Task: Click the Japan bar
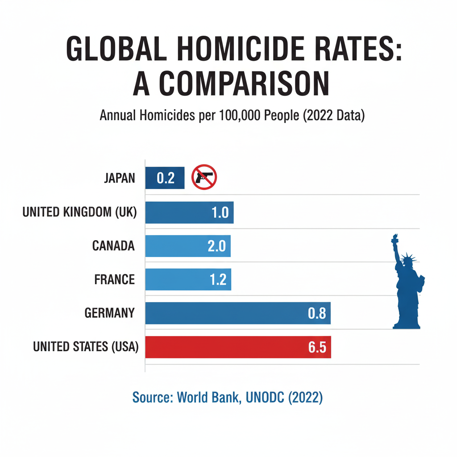tap(165, 178)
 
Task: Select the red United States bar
tap(238, 347)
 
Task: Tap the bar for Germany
tap(238, 313)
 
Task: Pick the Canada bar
tap(188, 246)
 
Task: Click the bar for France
tap(188, 279)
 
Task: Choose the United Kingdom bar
tap(189, 212)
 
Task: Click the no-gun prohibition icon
tap(204, 177)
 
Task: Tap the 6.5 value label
tap(317, 347)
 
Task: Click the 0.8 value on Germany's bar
tap(317, 314)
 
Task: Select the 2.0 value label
tap(217, 246)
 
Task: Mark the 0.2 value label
tap(165, 178)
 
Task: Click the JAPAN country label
tap(119, 178)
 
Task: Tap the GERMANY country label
tap(109, 313)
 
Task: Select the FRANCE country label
tap(114, 279)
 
